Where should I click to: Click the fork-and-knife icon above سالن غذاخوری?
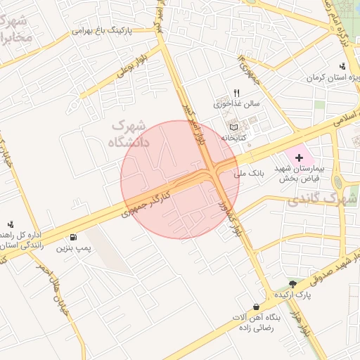click(x=237, y=93)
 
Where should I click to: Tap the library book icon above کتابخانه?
click(x=233, y=127)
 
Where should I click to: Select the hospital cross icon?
click(x=300, y=158)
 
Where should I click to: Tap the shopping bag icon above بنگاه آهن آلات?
click(x=257, y=307)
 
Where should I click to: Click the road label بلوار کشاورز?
click(x=229, y=219)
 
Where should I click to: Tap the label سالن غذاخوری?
click(x=237, y=104)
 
